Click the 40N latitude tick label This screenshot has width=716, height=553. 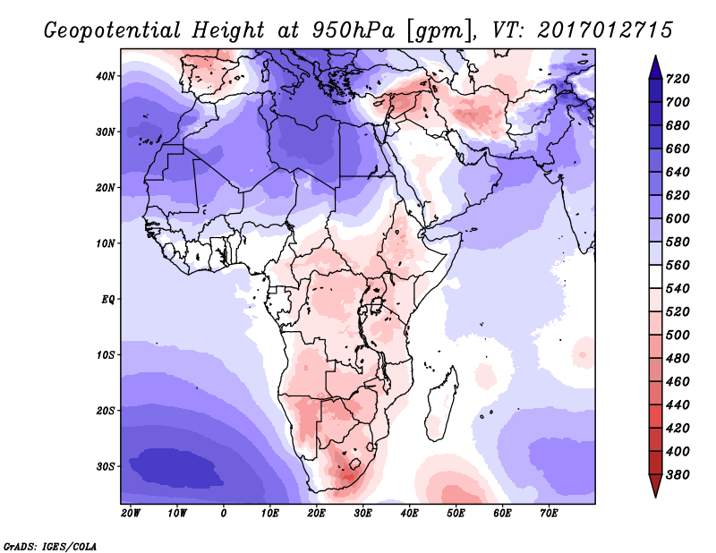[x=105, y=76]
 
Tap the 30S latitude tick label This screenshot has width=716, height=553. [x=105, y=466]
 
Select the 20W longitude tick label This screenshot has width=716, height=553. [x=131, y=513]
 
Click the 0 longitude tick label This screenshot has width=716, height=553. [x=224, y=513]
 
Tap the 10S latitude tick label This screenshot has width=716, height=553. [x=105, y=354]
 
